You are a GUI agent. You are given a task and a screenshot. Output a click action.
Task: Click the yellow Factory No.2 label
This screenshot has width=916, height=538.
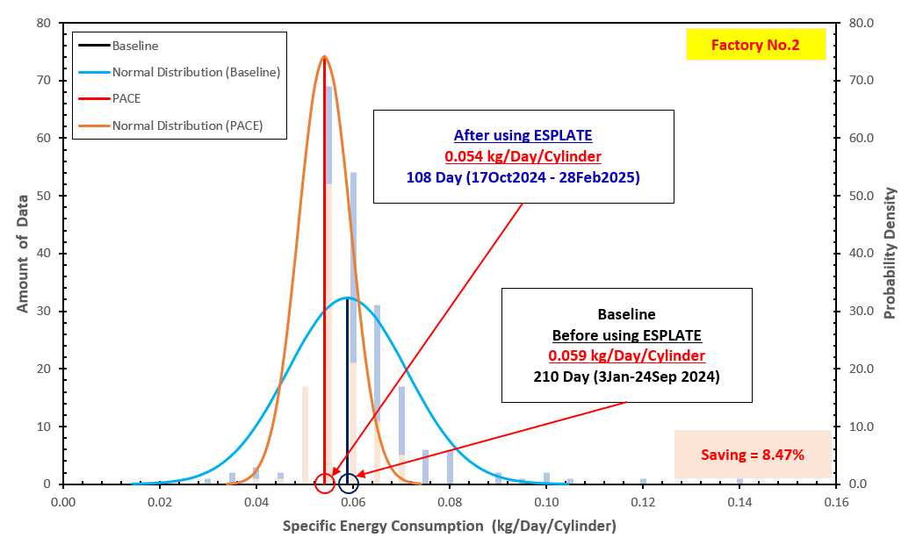point(755,45)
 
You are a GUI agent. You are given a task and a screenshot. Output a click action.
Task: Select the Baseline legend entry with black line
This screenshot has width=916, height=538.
point(135,46)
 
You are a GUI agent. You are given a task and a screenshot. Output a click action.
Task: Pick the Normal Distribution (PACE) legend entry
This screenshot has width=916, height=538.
point(187,126)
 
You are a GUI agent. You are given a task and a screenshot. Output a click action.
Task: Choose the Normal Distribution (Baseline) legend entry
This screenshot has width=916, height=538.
point(195,72)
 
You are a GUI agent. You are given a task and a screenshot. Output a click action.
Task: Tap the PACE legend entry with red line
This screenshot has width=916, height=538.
point(126,98)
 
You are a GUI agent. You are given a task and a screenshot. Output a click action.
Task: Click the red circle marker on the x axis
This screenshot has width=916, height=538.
point(324,484)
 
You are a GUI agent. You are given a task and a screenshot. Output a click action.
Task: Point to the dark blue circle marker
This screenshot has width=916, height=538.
point(349,484)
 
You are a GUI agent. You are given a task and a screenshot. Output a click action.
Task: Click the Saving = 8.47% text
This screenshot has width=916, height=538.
point(753,455)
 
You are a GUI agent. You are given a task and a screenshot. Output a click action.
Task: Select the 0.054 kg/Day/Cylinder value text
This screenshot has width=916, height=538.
point(523,156)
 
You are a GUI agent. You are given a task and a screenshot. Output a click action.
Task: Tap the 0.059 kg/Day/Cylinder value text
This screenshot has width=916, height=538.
point(626,355)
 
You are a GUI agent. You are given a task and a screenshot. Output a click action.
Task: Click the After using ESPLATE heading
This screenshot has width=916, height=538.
point(523,136)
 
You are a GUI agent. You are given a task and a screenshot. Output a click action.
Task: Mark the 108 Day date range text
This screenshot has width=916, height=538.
point(523,176)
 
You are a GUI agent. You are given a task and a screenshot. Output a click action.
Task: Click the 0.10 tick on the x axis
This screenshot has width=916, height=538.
point(546,503)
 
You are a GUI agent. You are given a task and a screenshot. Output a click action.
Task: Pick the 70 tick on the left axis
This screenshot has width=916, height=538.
point(45,81)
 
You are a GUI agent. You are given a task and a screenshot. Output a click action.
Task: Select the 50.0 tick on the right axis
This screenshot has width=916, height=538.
point(862,196)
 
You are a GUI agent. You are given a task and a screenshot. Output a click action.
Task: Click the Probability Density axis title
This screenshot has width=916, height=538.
point(891,253)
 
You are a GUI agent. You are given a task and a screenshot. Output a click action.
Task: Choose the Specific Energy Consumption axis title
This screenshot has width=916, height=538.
point(449,525)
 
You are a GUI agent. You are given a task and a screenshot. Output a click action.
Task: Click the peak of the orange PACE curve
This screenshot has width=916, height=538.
point(324,57)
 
